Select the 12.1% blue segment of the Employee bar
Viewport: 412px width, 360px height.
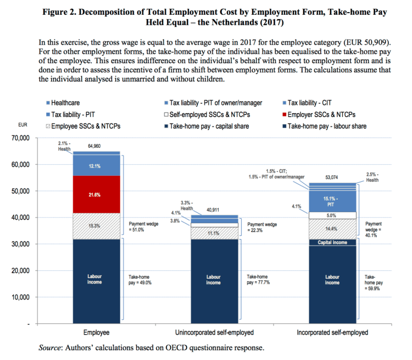96,166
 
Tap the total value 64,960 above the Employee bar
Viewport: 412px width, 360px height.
96,147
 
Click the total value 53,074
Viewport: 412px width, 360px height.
332,178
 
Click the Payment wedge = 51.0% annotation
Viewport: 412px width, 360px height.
143,227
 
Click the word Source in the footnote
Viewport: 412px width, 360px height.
50,348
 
